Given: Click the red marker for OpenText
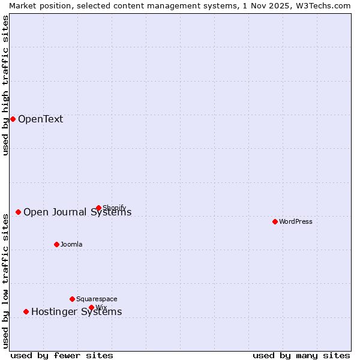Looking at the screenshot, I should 13,119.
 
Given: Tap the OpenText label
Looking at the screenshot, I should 40,119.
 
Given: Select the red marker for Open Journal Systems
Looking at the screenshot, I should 19,212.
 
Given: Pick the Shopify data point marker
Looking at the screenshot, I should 98,208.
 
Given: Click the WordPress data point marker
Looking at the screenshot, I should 275,221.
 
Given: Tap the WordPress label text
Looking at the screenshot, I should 296,221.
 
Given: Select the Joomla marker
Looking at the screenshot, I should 56,244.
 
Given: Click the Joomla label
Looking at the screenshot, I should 71,244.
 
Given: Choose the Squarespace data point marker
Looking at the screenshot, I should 72,299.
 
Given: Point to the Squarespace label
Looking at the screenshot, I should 97,299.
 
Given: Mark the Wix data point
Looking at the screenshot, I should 91,307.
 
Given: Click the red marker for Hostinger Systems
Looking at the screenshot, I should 26,311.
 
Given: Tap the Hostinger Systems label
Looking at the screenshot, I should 76,311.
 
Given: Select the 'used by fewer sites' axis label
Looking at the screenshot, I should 62,355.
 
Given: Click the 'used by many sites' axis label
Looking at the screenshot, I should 301,355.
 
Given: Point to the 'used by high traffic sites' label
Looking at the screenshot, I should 5,85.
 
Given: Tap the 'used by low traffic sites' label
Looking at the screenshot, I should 5,280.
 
